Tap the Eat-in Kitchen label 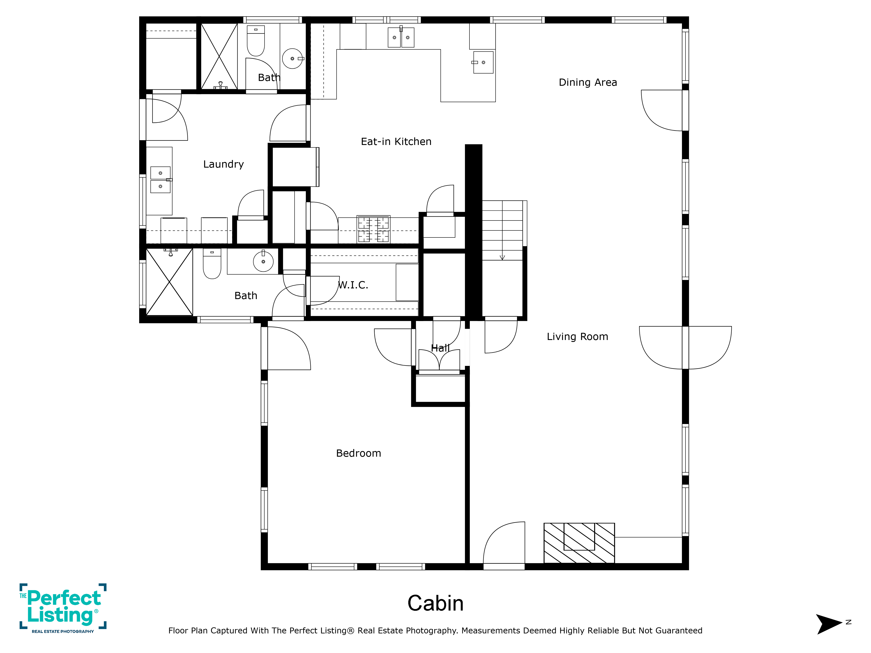[x=396, y=142]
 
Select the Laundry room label [x=223, y=164]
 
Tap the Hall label [x=440, y=348]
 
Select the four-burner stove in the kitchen [x=373, y=229]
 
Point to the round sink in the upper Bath [x=293, y=59]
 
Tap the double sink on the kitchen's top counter [x=401, y=37]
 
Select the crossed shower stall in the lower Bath [x=169, y=282]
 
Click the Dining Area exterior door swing [x=662, y=110]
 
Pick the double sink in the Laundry [x=161, y=180]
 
